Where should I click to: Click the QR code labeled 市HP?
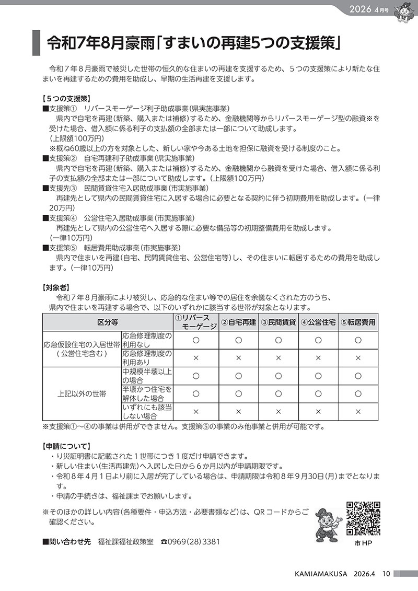click(x=363, y=519)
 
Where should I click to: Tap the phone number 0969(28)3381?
click(x=193, y=542)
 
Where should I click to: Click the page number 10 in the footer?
click(x=386, y=574)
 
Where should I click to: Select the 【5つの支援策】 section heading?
click(x=67, y=98)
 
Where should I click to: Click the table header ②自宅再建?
click(x=238, y=322)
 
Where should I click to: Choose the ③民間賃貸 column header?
click(x=278, y=322)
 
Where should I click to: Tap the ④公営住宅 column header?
click(x=318, y=322)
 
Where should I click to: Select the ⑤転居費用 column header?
click(x=358, y=322)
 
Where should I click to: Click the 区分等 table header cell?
click(x=108, y=322)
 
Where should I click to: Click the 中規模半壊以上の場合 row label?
click(x=147, y=376)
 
